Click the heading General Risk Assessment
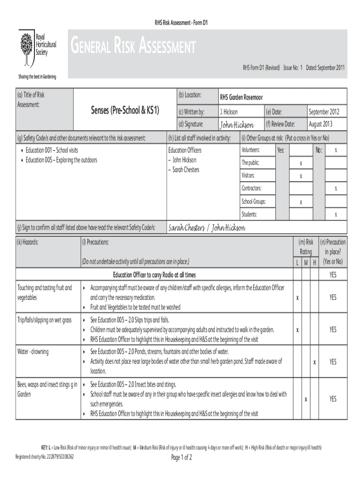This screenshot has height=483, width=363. [x=133, y=47]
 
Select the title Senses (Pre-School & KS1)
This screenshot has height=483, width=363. [x=125, y=110]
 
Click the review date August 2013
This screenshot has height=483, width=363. [x=320, y=124]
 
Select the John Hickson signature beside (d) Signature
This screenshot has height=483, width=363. [x=237, y=125]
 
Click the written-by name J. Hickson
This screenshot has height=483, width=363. [x=229, y=112]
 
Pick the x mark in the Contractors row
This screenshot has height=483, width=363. [x=336, y=189]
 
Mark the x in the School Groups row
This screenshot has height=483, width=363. [x=301, y=202]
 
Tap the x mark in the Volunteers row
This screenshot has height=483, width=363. [x=336, y=150]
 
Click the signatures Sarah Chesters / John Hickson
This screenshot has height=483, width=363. [x=206, y=228]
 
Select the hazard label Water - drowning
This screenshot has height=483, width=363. [x=33, y=352]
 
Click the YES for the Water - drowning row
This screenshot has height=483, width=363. [x=333, y=362]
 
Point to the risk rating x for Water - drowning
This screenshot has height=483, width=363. [x=314, y=362]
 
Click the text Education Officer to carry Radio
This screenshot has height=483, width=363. [x=154, y=275]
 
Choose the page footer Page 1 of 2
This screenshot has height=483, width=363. [x=181, y=458]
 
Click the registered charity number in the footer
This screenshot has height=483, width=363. [x=45, y=457]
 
